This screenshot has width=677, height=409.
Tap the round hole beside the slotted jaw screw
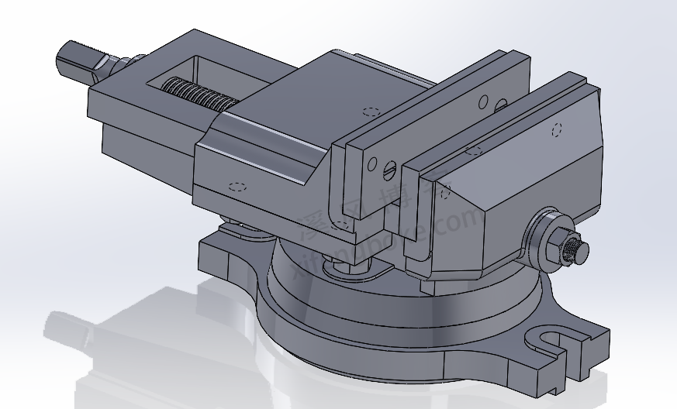pyautogui.click(x=374, y=163)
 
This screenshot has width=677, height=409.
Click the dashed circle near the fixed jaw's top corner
pyautogui.click(x=555, y=129)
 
